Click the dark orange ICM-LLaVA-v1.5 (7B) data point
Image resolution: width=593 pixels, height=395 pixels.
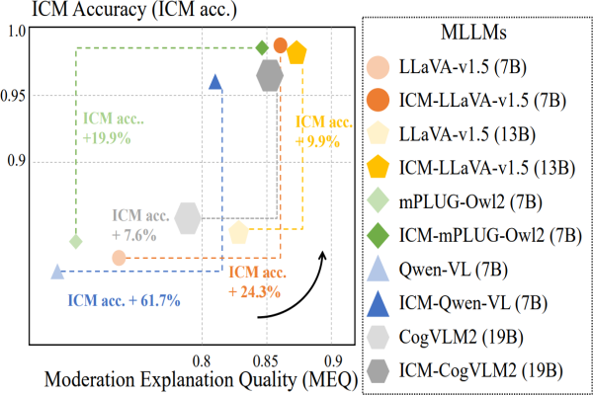pyautogui.click(x=281, y=45)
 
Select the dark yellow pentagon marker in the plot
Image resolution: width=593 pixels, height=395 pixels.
pyautogui.click(x=296, y=52)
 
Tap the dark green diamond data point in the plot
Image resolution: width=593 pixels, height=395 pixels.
pyautogui.click(x=262, y=47)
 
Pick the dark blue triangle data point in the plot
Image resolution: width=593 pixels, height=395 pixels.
pyautogui.click(x=215, y=82)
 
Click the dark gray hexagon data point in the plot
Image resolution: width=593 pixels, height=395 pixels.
pyautogui.click(x=270, y=75)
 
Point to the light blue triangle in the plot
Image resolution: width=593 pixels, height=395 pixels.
pyautogui.click(x=57, y=272)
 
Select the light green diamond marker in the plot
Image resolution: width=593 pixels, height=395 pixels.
pyautogui.click(x=76, y=241)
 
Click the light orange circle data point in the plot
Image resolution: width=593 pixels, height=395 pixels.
pyautogui.click(x=119, y=258)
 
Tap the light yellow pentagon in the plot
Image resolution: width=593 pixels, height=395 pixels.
pyautogui.click(x=238, y=232)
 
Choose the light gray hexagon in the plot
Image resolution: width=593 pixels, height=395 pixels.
pyautogui.click(x=188, y=218)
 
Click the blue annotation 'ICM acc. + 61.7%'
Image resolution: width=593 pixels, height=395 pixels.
pyautogui.click(x=125, y=301)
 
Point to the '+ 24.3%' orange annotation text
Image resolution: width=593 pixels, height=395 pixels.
pyautogui.click(x=255, y=292)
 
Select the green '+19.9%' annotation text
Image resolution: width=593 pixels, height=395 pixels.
pyautogui.click(x=107, y=138)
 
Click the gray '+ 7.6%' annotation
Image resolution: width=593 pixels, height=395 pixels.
pyautogui.click(x=134, y=235)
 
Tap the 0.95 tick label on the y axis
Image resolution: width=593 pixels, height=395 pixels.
pyautogui.click(x=13, y=96)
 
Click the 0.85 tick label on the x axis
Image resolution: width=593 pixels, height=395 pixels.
pyautogui.click(x=266, y=361)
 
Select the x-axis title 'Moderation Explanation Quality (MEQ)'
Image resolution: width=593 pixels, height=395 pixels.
pyautogui.click(x=202, y=380)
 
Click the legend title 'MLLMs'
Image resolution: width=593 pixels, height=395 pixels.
pyautogui.click(x=473, y=33)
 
